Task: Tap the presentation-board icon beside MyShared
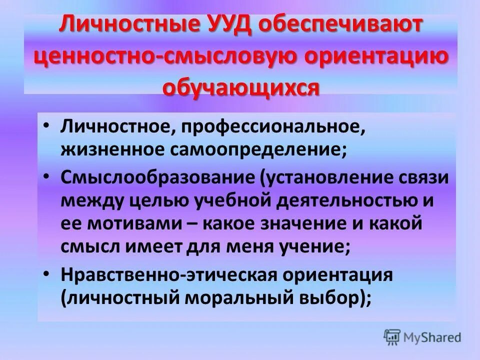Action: tap(392, 336)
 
